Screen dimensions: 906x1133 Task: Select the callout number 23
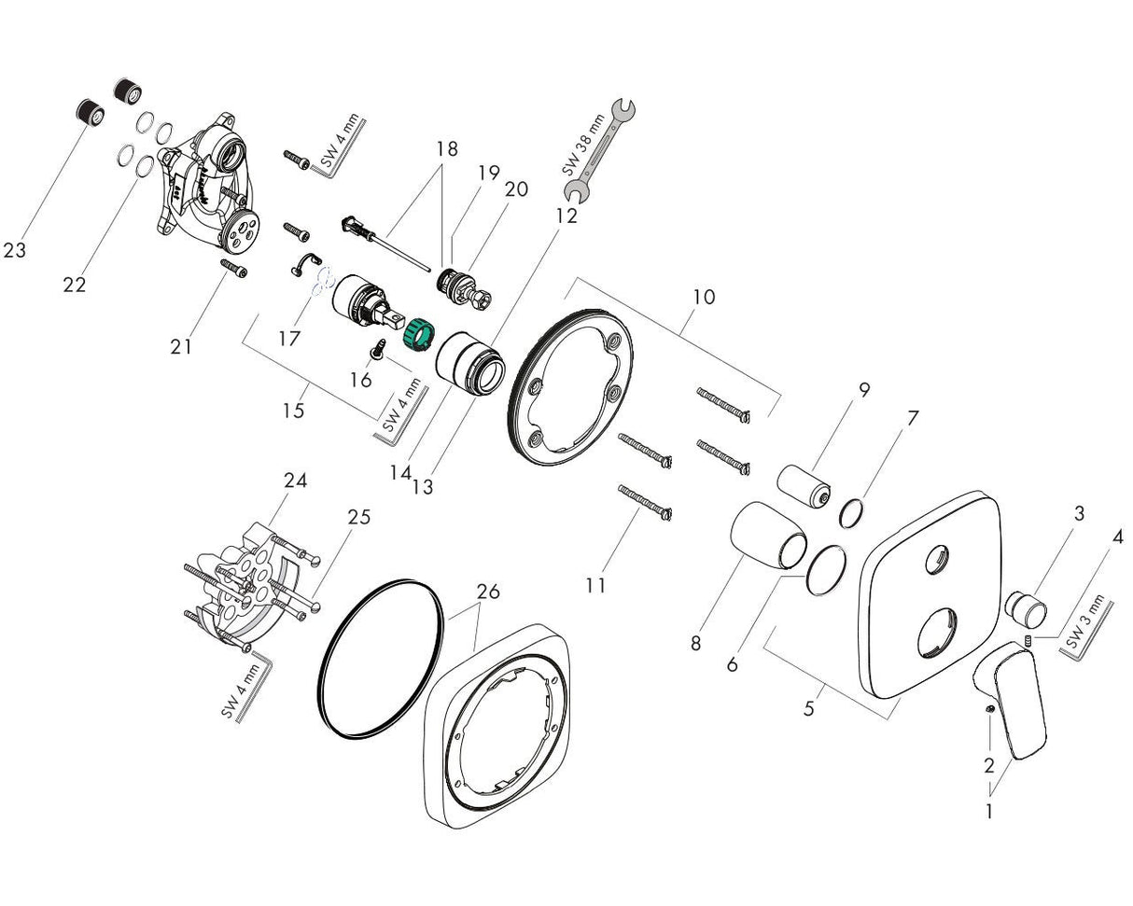pyautogui.click(x=14, y=250)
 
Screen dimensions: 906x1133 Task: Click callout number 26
pyautogui.click(x=488, y=591)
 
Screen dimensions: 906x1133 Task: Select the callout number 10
pyautogui.click(x=704, y=297)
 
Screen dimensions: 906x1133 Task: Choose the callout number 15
pyautogui.click(x=293, y=410)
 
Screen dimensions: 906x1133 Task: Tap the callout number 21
pyautogui.click(x=181, y=346)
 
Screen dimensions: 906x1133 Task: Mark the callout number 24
pyautogui.click(x=296, y=480)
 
